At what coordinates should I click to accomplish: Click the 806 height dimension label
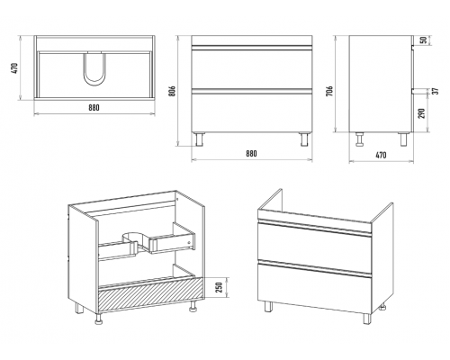[172, 91]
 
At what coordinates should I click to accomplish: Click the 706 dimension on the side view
[329, 91]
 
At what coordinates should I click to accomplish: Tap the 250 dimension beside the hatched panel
[220, 287]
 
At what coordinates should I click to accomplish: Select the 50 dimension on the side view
[424, 40]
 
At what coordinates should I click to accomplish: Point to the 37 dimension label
[436, 91]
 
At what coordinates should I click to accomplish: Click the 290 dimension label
[422, 113]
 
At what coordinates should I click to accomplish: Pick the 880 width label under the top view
[94, 107]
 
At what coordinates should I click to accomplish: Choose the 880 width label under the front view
[251, 153]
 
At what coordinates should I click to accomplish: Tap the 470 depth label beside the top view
[16, 68]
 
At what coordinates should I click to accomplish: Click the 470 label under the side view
[381, 155]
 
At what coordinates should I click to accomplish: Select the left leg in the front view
[199, 139]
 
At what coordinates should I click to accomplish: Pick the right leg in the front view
[304, 139]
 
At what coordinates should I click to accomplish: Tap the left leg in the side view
[359, 139]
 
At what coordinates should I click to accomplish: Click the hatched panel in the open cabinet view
[150, 293]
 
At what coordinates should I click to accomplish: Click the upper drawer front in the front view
[252, 68]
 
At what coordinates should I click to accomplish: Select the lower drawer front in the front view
[252, 113]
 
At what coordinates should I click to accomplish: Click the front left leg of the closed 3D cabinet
[268, 307]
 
